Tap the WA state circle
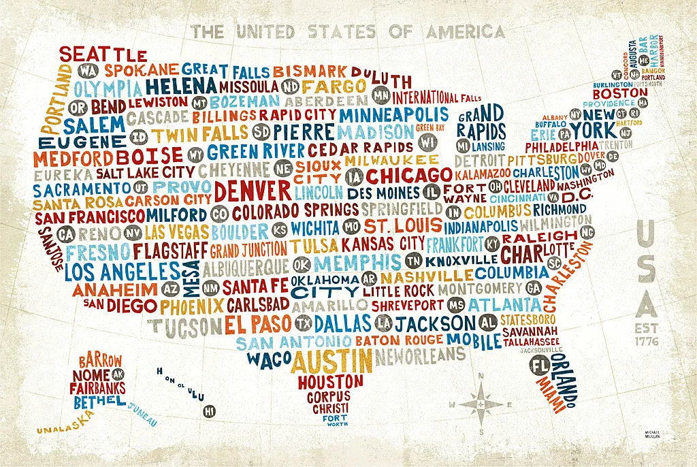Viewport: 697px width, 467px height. point(86,71)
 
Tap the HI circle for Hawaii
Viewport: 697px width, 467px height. point(210,410)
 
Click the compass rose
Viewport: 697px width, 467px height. point(480,403)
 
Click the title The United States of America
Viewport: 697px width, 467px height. point(348,31)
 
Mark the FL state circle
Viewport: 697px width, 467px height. point(540,365)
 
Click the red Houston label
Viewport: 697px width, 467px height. point(330,381)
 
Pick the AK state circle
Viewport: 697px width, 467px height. point(118,374)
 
